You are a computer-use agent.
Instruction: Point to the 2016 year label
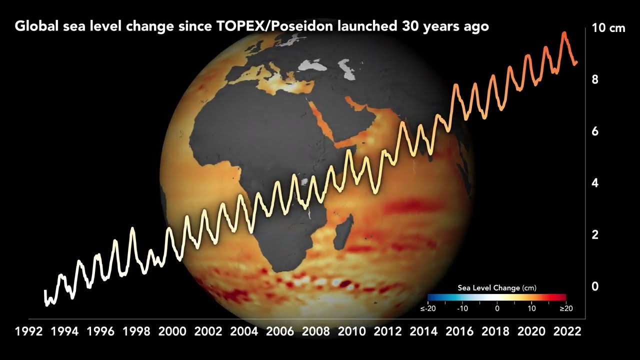pos(460,331)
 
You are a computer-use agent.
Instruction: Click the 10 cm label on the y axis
pos(608,28)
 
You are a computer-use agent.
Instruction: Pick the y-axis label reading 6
pos(595,131)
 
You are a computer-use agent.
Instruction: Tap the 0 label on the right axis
pos(595,286)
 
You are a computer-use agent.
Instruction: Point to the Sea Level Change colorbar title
pos(496,288)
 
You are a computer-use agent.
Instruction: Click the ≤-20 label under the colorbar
pos(428,308)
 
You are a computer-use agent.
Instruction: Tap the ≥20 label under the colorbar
pos(565,308)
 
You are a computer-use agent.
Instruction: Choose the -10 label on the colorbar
pos(462,308)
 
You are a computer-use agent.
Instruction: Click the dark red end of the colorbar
pos(563,297)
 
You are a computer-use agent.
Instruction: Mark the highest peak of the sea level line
pos(564,33)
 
